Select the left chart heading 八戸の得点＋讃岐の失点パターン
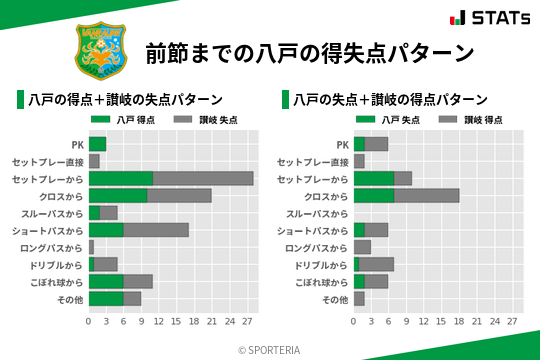[124, 99]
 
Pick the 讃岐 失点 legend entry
[198, 120]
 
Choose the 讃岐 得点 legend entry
[463, 120]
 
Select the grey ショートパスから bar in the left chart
[156, 229]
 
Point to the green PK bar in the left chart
[97, 144]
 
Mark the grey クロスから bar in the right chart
[427, 195]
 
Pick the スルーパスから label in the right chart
[318, 213]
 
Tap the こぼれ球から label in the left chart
[55, 281]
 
